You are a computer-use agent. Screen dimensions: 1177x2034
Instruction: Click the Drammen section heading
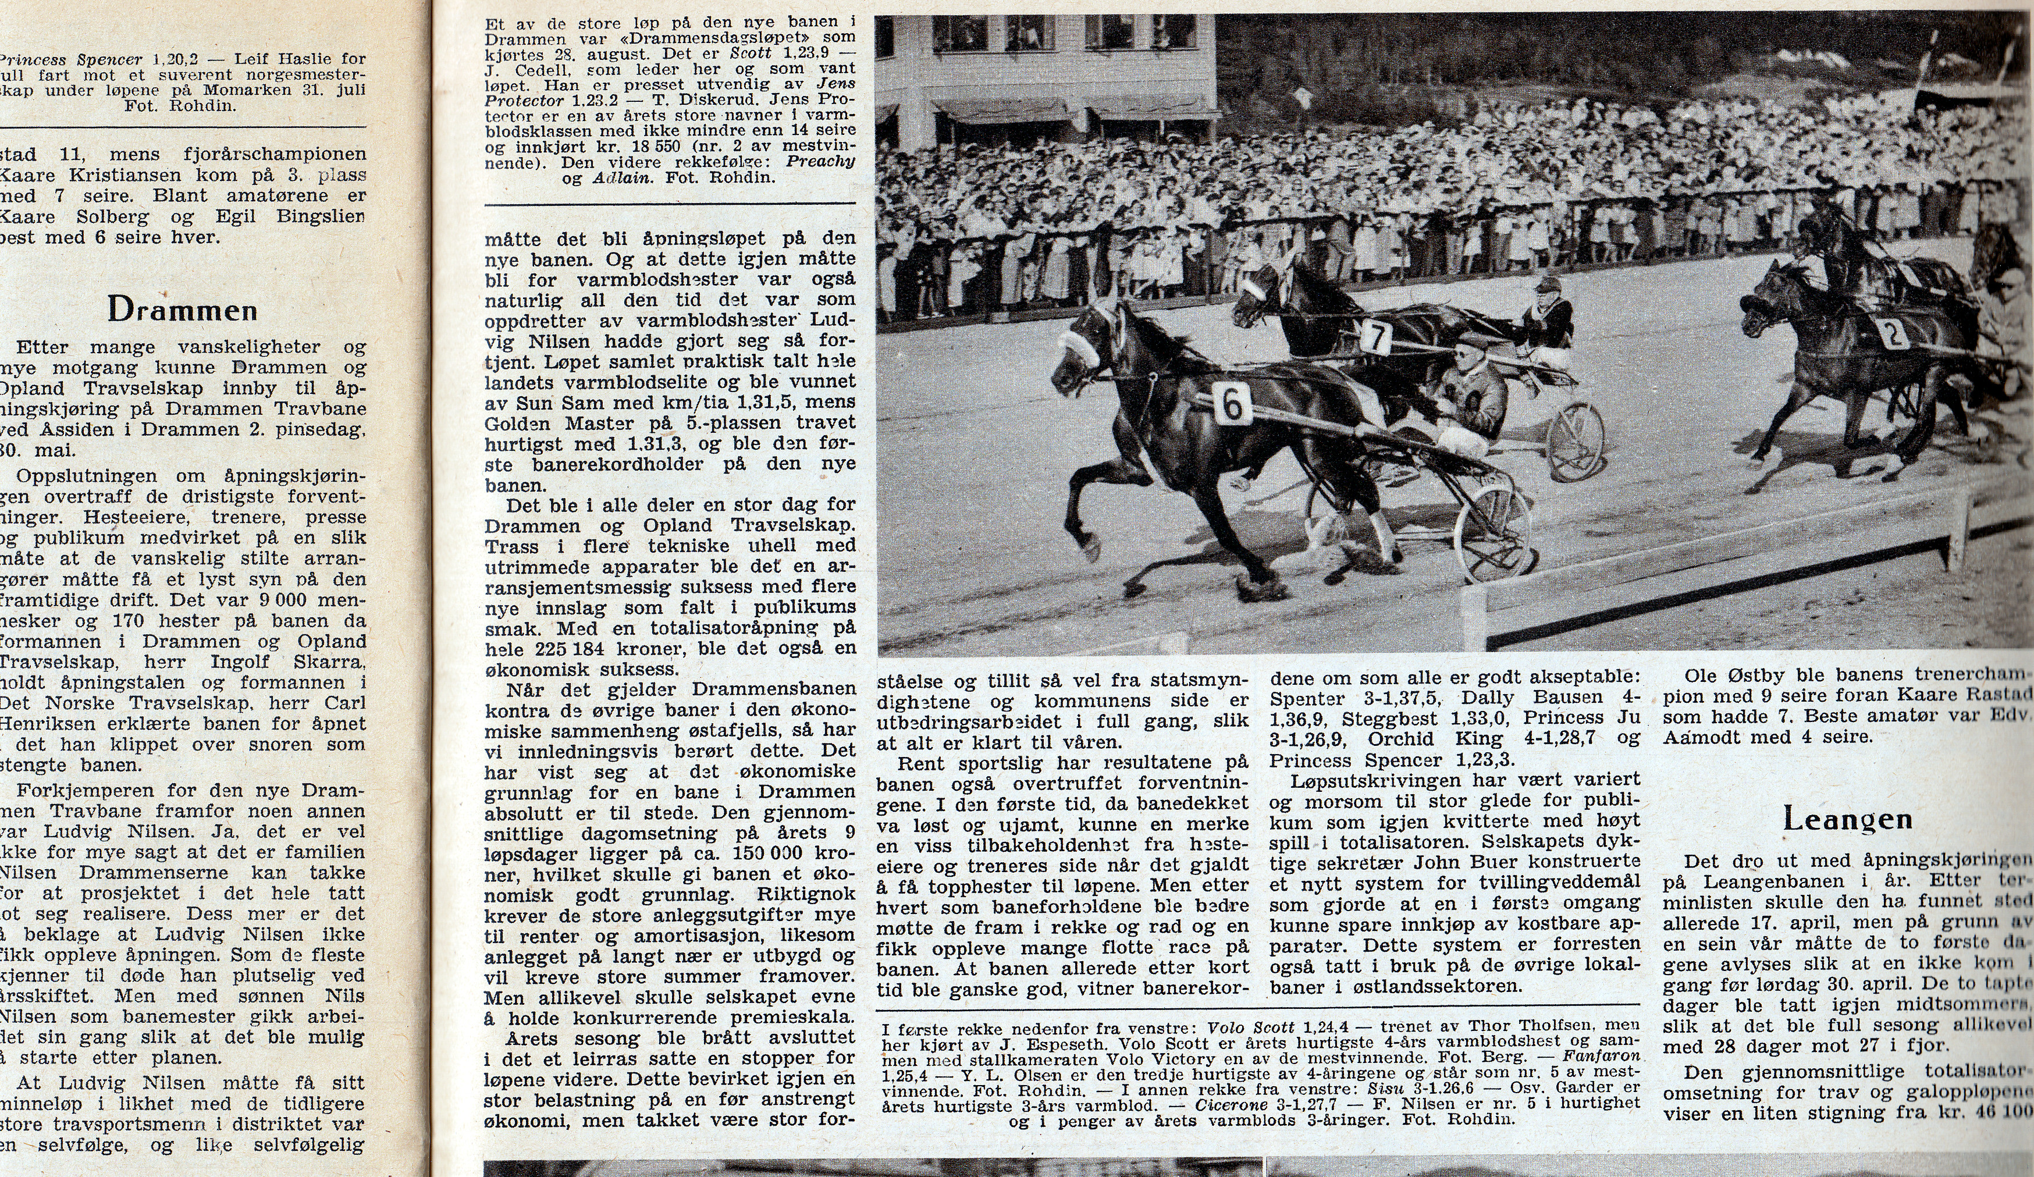[183, 309]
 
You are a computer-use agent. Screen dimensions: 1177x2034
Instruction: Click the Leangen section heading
[1847, 819]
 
